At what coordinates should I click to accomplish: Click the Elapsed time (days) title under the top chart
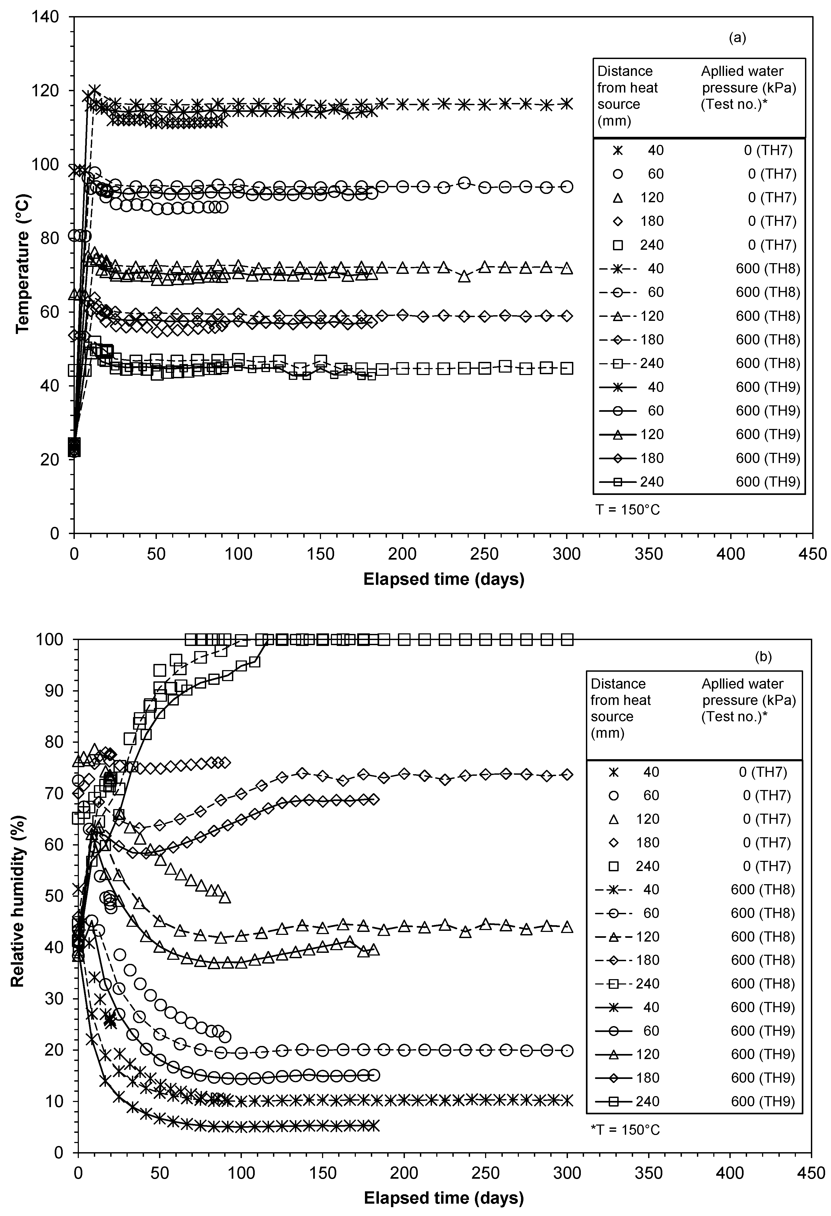click(444, 579)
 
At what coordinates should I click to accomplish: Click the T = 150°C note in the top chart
click(627, 509)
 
